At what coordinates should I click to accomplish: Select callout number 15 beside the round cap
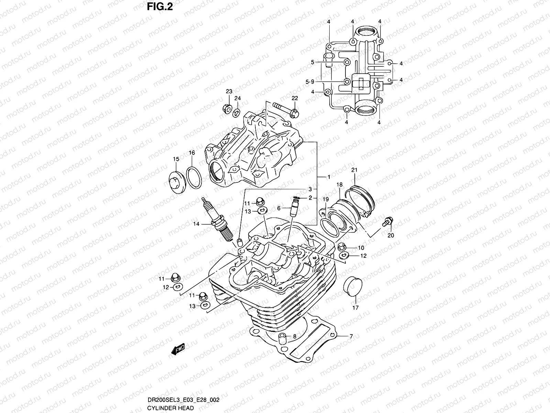point(176,159)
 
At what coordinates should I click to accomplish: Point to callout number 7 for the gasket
point(351,337)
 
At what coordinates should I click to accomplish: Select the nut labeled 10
point(342,246)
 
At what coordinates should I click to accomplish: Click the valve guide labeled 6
point(294,208)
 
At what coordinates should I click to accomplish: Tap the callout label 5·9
point(310,82)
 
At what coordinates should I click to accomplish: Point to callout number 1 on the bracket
point(329,177)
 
